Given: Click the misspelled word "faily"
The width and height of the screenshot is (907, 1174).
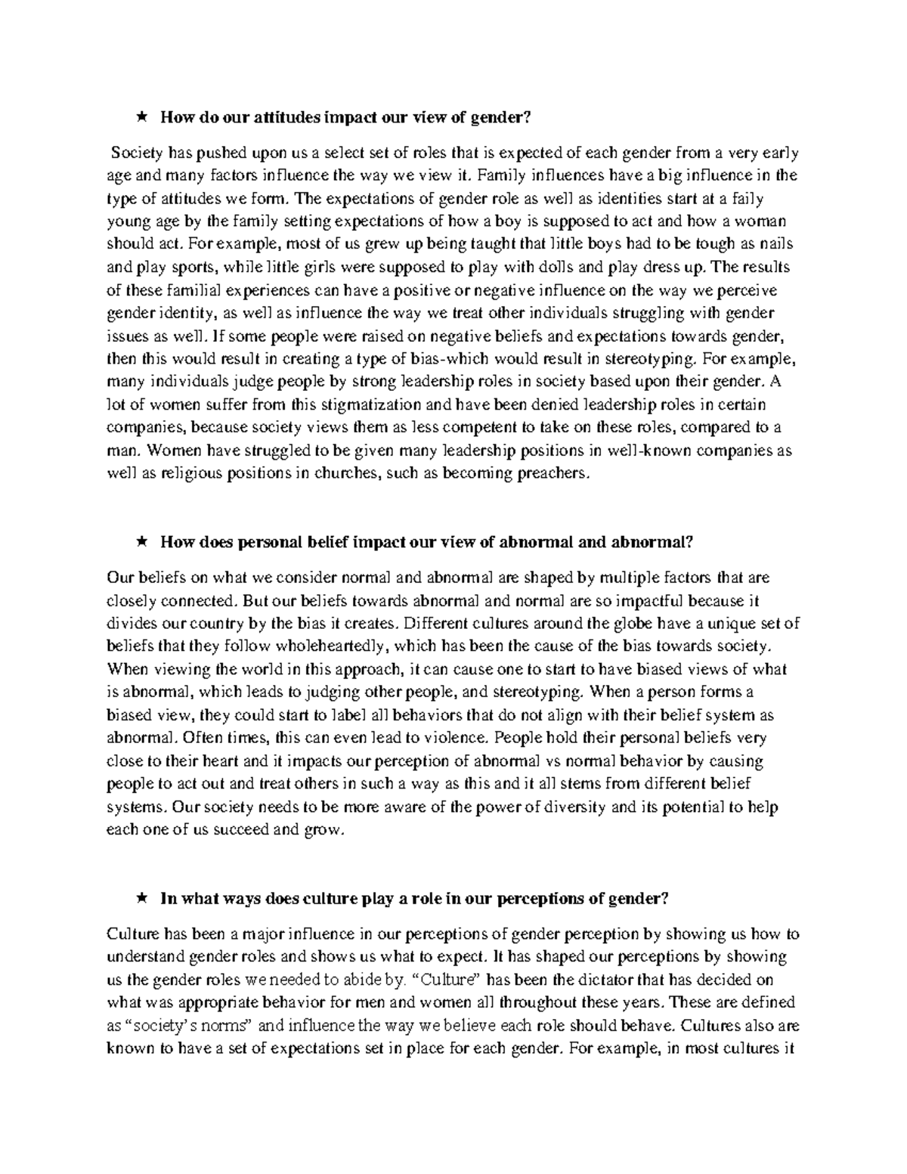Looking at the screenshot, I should [x=769, y=199].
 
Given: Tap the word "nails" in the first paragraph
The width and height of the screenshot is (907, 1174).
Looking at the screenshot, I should [x=775, y=245].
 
